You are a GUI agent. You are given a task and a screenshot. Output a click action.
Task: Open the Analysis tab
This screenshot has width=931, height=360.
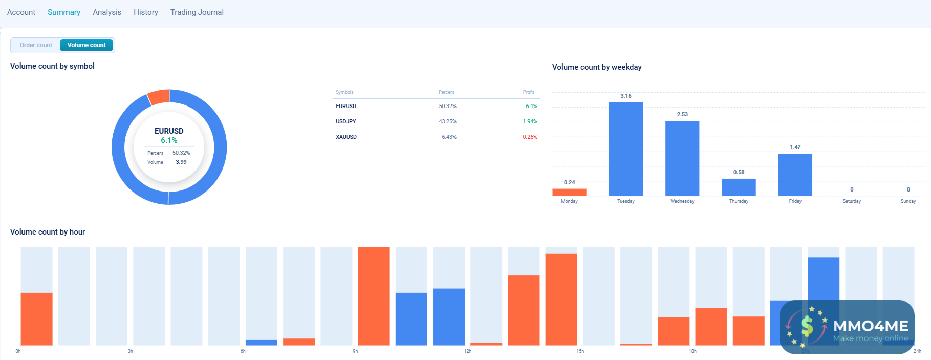(x=107, y=12)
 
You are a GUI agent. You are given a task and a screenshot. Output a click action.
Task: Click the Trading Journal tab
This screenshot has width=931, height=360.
(x=197, y=12)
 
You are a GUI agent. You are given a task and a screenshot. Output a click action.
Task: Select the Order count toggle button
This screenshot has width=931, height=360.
(x=36, y=45)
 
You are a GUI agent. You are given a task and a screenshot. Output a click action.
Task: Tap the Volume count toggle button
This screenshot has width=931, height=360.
(x=86, y=45)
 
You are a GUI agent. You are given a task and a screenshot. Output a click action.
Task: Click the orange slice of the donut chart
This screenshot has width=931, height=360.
(x=159, y=97)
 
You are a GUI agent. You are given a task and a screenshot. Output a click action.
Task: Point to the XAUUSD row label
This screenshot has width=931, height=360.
(x=346, y=137)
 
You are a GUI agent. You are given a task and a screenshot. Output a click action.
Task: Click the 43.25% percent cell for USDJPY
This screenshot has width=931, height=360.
(x=447, y=121)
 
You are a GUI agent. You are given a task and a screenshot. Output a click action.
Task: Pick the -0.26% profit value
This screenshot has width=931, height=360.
(x=529, y=137)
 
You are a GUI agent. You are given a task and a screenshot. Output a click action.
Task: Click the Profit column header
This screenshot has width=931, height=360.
(x=528, y=92)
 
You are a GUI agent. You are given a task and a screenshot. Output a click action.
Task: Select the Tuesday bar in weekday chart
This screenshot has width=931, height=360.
(x=625, y=149)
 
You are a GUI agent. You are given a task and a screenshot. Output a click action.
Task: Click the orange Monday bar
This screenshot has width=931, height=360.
(x=569, y=192)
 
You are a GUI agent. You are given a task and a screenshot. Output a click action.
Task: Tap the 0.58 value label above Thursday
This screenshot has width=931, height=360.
(x=739, y=172)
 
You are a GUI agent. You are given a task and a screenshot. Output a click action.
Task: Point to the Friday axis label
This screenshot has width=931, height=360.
(x=795, y=201)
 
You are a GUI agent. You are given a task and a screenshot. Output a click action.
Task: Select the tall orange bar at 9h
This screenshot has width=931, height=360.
(x=374, y=296)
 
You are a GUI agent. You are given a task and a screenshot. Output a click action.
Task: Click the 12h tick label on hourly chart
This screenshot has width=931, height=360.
(x=468, y=351)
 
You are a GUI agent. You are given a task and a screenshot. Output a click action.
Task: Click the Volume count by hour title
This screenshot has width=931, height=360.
(x=48, y=232)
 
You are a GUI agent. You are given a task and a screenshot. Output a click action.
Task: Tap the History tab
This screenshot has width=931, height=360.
(x=146, y=12)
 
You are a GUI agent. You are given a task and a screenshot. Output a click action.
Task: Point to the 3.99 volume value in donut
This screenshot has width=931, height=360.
(x=181, y=162)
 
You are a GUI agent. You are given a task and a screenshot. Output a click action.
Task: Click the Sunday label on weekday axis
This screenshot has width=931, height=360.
(x=908, y=201)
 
